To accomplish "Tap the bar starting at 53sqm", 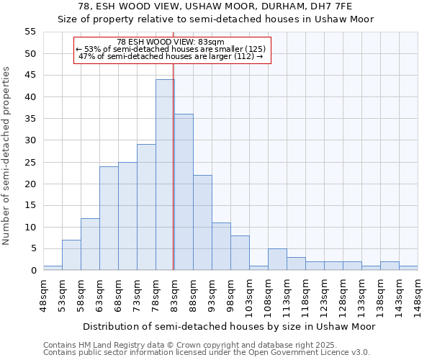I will click(x=71, y=255).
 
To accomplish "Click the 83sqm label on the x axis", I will click(x=174, y=293).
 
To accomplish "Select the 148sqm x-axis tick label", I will click(x=418, y=293).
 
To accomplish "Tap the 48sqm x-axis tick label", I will click(x=44, y=293).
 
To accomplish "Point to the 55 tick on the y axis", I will click(x=30, y=32).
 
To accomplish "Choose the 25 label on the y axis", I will click(x=30, y=162).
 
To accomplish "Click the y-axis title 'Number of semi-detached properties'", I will click(x=7, y=156).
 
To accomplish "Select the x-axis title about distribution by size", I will click(x=229, y=326).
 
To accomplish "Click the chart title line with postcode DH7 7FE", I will click(x=216, y=6).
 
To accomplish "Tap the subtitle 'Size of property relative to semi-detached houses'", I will click(x=216, y=19).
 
